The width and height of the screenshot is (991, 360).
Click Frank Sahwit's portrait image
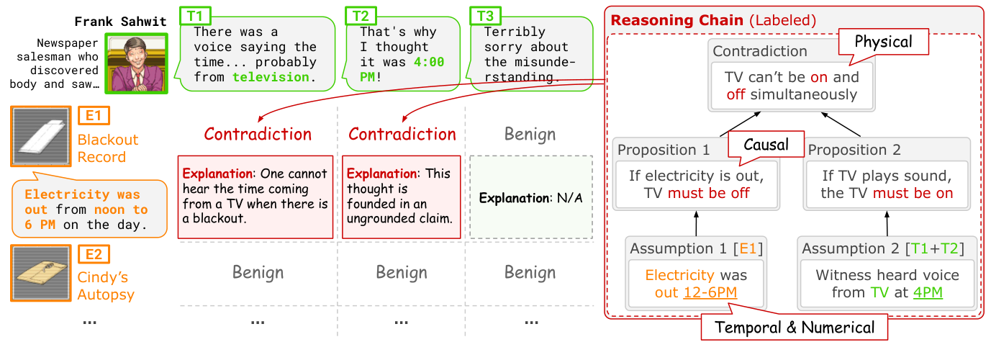(x=137, y=63)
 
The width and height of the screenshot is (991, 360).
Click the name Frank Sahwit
(x=120, y=21)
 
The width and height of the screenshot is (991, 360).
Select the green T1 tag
(x=194, y=15)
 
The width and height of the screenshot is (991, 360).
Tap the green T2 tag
(x=359, y=15)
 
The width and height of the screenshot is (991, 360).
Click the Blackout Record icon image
(x=41, y=136)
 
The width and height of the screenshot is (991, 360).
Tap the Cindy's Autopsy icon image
(x=41, y=273)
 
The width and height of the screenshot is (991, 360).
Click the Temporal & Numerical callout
(x=795, y=328)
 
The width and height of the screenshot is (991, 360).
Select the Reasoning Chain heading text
(x=676, y=19)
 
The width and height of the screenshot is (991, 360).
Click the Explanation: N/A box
(x=530, y=197)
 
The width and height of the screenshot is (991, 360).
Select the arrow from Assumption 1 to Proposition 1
(x=696, y=223)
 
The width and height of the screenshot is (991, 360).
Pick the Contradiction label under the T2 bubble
(x=402, y=135)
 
